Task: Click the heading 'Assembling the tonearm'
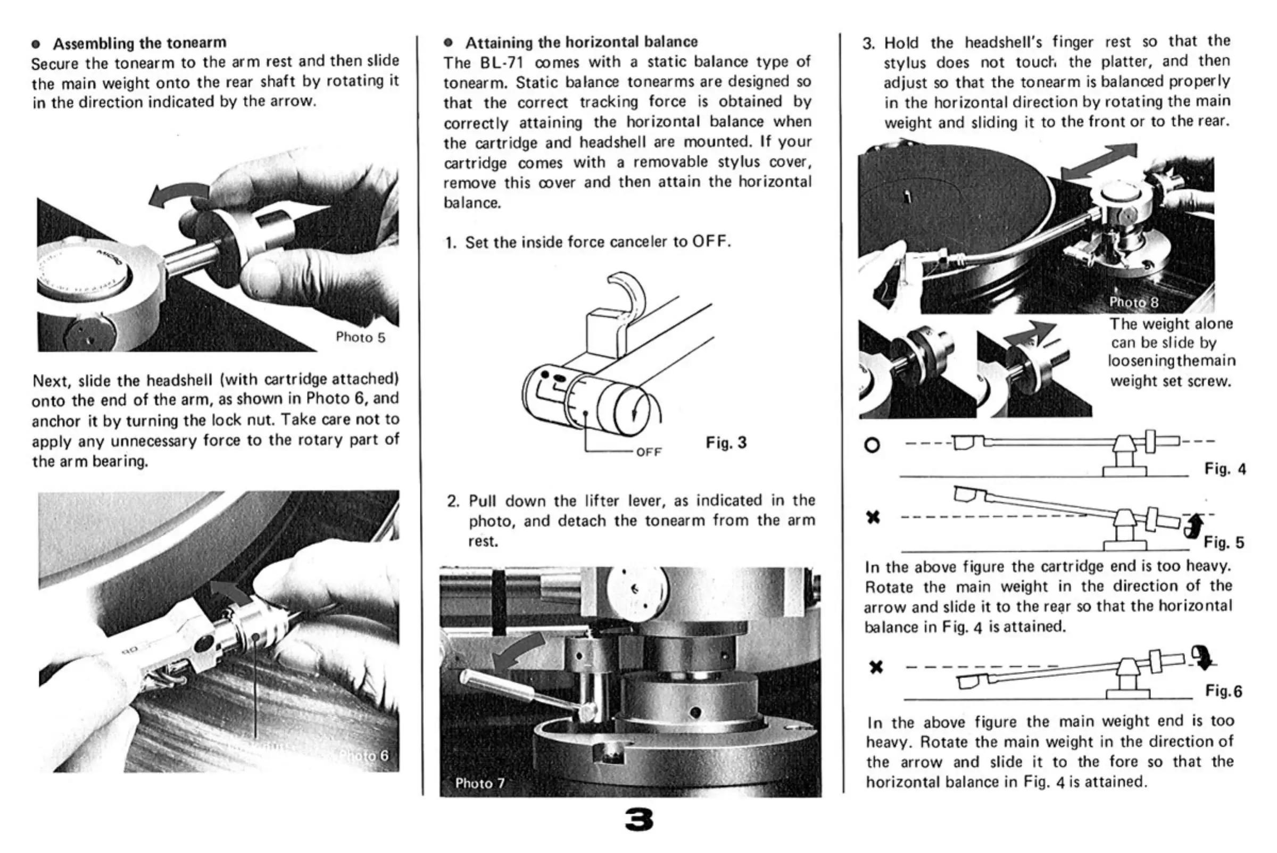(139, 43)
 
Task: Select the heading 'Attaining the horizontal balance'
(581, 42)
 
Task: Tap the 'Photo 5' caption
(360, 337)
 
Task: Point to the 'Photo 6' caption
(363, 756)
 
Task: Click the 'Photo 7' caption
(479, 783)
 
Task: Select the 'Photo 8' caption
(1134, 302)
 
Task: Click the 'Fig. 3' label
(726, 443)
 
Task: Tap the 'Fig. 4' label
(1225, 469)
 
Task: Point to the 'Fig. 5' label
(1224, 542)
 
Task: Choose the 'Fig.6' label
(1224, 691)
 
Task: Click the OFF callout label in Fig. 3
(649, 452)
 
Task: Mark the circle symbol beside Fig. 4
(872, 445)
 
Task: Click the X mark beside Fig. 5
(873, 517)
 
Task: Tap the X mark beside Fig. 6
(876, 667)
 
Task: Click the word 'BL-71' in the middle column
(502, 63)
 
